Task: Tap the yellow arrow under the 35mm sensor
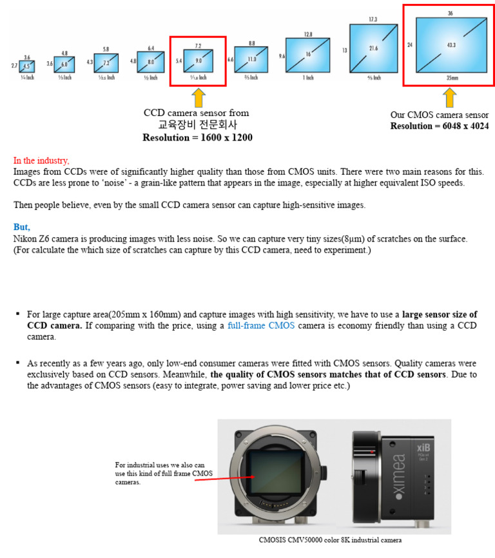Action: pyautogui.click(x=449, y=97)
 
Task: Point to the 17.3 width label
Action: pyautogui.click(x=373, y=20)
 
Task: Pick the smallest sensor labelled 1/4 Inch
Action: pyautogui.click(x=26, y=66)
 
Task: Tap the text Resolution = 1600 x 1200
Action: pyautogui.click(x=197, y=137)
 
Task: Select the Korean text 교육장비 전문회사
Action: pyautogui.click(x=195, y=124)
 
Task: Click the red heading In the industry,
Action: pyautogui.click(x=41, y=160)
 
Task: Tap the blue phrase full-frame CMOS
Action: pyautogui.click(x=261, y=325)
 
